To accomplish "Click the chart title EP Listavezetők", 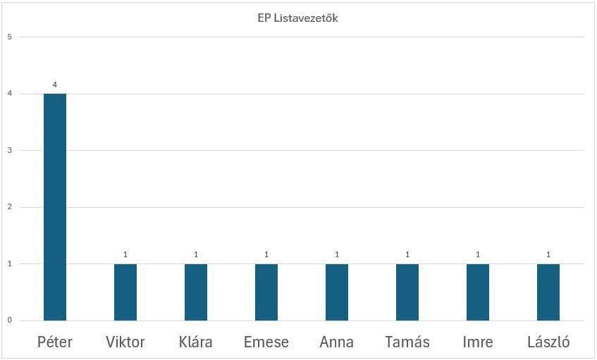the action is click(x=297, y=18).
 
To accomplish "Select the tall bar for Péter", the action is click(x=55, y=207).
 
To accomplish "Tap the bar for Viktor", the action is click(x=125, y=292).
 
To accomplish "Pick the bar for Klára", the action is click(x=196, y=292).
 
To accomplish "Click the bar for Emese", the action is click(x=266, y=292).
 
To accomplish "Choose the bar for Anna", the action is click(x=337, y=292).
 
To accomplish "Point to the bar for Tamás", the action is click(x=407, y=292).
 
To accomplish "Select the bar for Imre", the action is click(x=478, y=292).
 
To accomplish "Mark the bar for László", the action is click(x=548, y=292).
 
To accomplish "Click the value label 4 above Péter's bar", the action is click(x=55, y=85).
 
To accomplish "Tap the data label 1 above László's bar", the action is click(x=548, y=254).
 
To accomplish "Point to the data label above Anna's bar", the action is click(x=337, y=254).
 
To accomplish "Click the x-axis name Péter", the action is click(x=55, y=342).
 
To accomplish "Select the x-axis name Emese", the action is click(x=266, y=342).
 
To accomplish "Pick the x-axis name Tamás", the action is click(x=407, y=342).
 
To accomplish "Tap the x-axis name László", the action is click(x=548, y=342).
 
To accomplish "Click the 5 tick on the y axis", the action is click(x=10, y=37).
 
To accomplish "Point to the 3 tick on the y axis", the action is click(x=10, y=150).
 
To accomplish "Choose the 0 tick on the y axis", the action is click(x=10, y=321).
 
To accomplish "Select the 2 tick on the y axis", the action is click(x=10, y=207).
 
